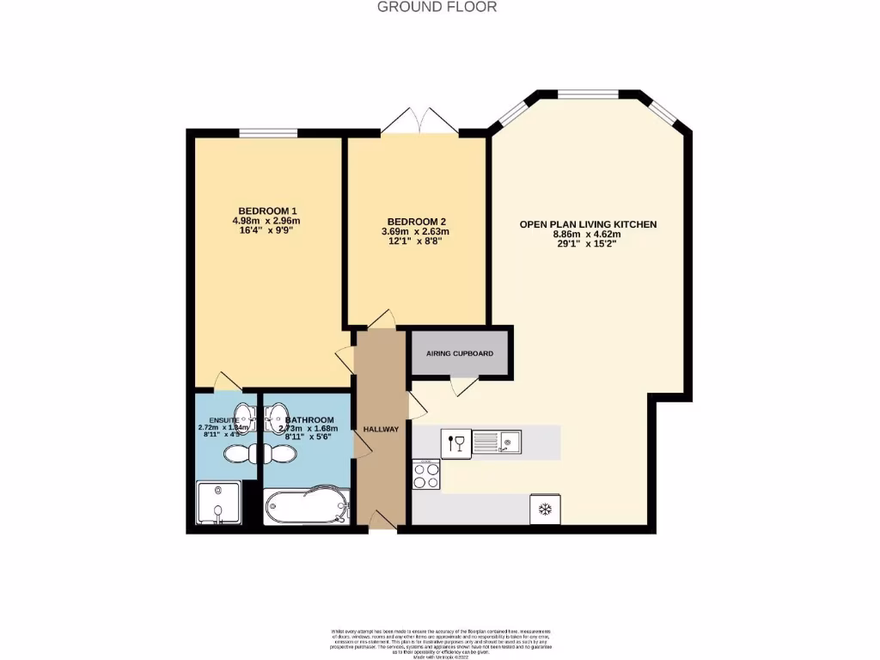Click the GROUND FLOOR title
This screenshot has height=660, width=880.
tap(437, 7)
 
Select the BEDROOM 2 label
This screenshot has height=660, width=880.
tap(415, 220)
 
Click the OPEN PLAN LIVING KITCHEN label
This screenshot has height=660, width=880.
tap(588, 224)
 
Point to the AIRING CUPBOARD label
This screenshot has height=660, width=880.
tap(460, 353)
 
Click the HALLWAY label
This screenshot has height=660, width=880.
tap(381, 429)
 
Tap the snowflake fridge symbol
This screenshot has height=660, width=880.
tap(544, 509)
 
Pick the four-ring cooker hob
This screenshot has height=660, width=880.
tap(427, 474)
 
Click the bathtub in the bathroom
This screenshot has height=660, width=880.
tap(306, 506)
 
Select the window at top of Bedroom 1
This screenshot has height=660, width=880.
tap(268, 132)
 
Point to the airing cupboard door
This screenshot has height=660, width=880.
tap(464, 386)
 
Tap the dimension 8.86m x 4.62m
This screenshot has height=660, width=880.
tap(588, 234)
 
